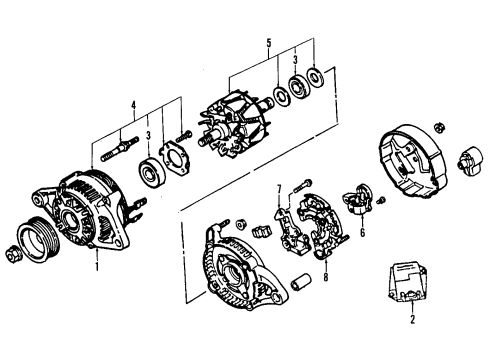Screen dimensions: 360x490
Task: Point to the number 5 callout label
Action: (268, 43)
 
